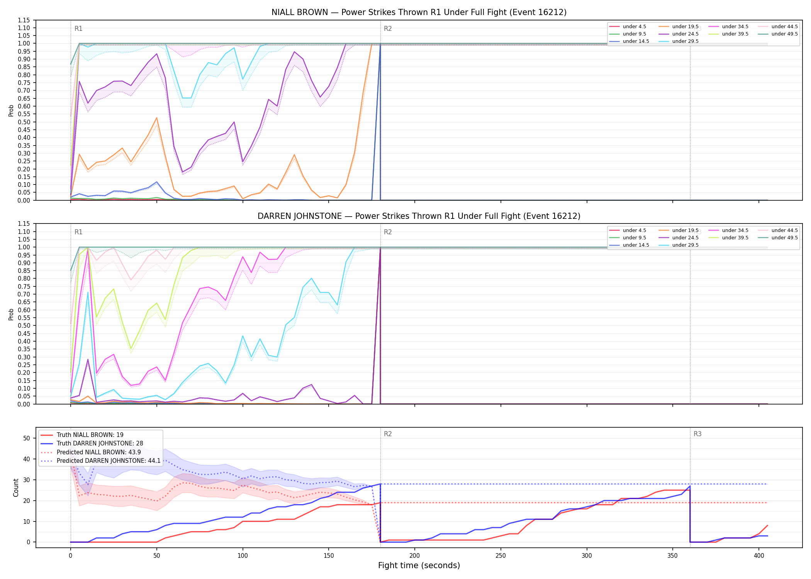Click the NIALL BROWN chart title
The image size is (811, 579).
tap(419, 12)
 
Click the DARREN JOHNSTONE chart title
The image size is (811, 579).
tap(419, 216)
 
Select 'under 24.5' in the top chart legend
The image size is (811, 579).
tap(685, 34)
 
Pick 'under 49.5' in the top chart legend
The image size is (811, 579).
tap(784, 34)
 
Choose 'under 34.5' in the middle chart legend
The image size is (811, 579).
tap(735, 230)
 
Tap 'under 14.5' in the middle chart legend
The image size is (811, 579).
tap(636, 245)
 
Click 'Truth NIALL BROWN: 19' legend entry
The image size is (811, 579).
tap(90, 435)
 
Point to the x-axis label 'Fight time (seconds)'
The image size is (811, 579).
tap(419, 565)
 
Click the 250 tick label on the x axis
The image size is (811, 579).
tap(501, 555)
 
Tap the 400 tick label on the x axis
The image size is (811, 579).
tap(759, 555)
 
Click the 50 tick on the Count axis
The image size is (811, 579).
tap(27, 438)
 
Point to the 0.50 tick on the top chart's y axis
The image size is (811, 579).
tap(24, 122)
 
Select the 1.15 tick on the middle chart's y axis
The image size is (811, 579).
tap(24, 224)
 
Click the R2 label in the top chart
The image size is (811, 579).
tap(388, 29)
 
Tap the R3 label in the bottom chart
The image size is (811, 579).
tap(697, 434)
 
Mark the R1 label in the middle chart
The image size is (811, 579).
tap(78, 232)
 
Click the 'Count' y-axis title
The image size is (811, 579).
tap(16, 488)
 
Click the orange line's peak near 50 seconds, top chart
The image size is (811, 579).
tap(156, 118)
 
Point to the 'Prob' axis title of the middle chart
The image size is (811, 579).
tap(11, 314)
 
